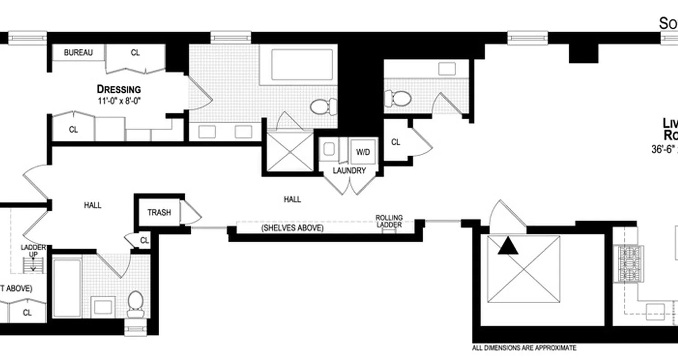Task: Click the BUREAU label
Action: coord(78,52)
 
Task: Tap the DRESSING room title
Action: coord(119,89)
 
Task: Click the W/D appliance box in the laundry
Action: coord(363,152)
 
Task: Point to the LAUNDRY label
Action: coord(349,171)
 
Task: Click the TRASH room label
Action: coord(159,212)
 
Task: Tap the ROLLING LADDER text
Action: coord(389,221)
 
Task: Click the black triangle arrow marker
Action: coord(508,247)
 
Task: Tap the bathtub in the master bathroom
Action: coord(302,65)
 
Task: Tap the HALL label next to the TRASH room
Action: coord(93,205)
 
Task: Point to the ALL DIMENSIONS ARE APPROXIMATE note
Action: coord(524,348)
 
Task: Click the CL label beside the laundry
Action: coord(395,142)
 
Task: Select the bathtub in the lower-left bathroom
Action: coord(66,288)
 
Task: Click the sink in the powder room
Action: coord(447,69)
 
